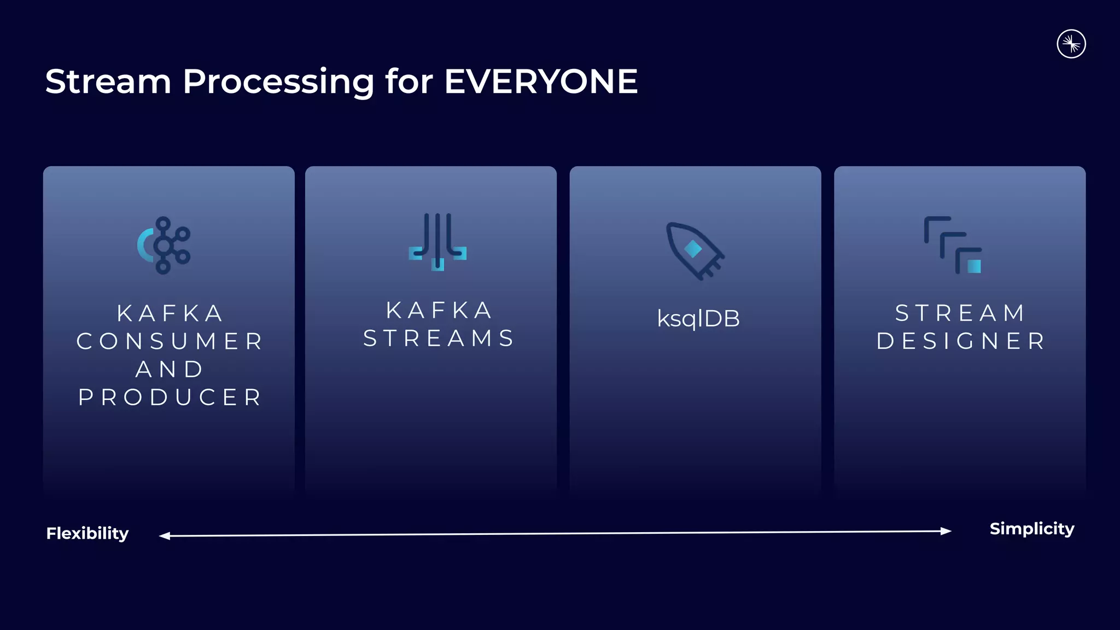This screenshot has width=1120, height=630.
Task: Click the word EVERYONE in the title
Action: [540, 82]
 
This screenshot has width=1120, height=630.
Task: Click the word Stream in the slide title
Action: [108, 82]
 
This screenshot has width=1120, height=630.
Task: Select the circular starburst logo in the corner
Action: [1071, 44]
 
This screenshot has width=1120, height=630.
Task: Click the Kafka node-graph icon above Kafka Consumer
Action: [164, 246]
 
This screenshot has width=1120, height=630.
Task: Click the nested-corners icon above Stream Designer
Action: [953, 245]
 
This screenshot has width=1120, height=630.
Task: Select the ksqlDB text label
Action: [698, 319]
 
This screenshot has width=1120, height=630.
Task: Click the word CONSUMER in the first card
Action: [170, 341]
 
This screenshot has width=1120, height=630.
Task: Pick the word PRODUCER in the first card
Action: [170, 398]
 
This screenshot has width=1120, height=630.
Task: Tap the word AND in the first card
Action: [170, 370]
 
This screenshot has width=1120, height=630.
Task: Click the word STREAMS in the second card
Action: [439, 339]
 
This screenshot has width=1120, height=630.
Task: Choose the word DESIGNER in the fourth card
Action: [961, 341]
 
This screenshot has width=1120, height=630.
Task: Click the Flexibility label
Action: [87, 533]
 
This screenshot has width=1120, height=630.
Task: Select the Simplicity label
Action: [1031, 529]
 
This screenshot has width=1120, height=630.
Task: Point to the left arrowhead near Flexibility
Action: [164, 536]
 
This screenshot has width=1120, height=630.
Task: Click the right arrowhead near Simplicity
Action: [946, 530]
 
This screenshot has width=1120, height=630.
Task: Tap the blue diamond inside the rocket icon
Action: [693, 249]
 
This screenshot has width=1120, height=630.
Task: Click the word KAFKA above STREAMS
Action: [439, 310]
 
